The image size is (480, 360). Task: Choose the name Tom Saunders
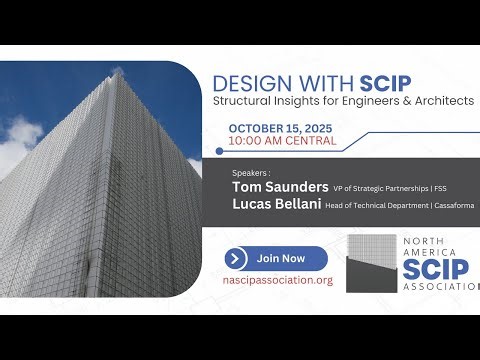point(279,186)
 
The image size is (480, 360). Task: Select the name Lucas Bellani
point(275,204)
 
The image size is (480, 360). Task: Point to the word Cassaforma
point(452,205)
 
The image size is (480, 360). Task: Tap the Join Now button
point(276,258)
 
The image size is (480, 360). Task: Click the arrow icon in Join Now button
point(237,258)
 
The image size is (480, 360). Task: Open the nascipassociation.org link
point(277,280)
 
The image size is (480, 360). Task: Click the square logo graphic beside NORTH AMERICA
point(372,263)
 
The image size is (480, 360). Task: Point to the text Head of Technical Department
point(381,205)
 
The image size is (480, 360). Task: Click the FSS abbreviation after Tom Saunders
point(466,187)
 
